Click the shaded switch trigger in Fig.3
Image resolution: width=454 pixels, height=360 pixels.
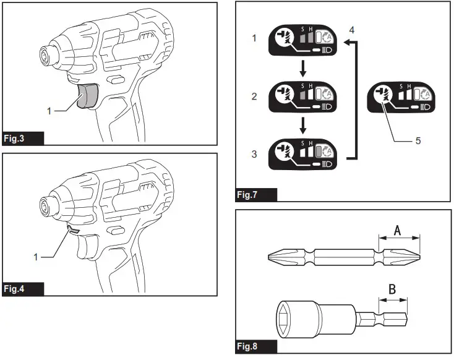(87, 96)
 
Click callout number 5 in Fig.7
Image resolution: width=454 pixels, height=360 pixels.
(418, 140)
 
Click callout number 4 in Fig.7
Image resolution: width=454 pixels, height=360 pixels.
(352, 29)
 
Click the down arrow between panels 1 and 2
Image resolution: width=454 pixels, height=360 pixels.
(302, 67)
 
